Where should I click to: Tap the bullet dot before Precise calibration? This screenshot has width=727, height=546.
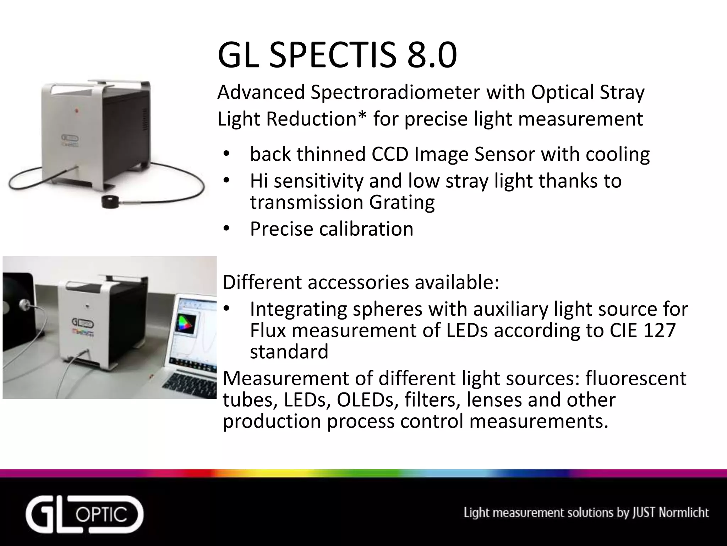coord(226,229)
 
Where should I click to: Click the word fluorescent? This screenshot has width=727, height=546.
coord(636,378)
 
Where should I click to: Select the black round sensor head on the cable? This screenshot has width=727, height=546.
coord(111,202)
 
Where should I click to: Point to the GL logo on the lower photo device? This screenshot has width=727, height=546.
coord(83,323)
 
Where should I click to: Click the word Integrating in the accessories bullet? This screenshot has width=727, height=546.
coord(298,309)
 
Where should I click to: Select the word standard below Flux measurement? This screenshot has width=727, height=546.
coord(289,352)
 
